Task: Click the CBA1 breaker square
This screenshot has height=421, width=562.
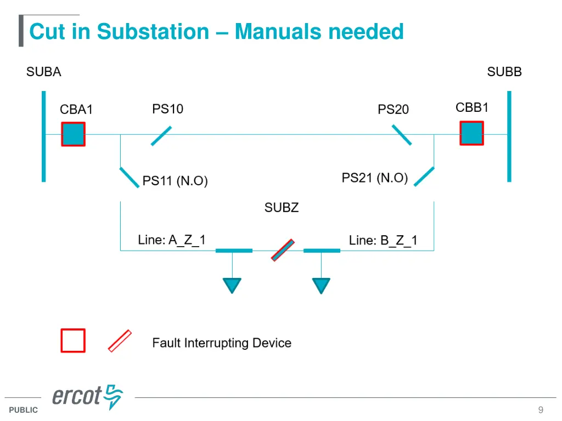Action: (73, 134)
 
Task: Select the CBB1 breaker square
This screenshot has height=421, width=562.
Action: (471, 133)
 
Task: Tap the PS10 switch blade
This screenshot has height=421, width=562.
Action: (161, 135)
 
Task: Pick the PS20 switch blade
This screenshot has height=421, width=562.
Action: (401, 135)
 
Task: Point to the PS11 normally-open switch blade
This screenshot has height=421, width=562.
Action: (129, 178)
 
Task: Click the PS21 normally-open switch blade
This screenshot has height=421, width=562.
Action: (424, 177)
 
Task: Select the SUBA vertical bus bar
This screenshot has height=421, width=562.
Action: (43, 136)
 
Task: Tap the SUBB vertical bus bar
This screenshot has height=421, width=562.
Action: (509, 136)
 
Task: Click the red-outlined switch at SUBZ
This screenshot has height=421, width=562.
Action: (283, 249)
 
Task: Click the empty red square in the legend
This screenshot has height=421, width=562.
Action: (73, 340)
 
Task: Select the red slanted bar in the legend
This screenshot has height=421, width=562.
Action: (120, 340)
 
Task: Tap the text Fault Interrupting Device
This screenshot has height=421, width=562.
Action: (222, 343)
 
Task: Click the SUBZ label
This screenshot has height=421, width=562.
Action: (281, 208)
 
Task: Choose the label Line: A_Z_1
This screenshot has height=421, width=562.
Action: (171, 240)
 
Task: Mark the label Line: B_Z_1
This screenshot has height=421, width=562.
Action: (383, 240)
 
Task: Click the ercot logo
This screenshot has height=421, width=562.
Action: (87, 396)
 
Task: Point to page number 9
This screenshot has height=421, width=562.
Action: (541, 410)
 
